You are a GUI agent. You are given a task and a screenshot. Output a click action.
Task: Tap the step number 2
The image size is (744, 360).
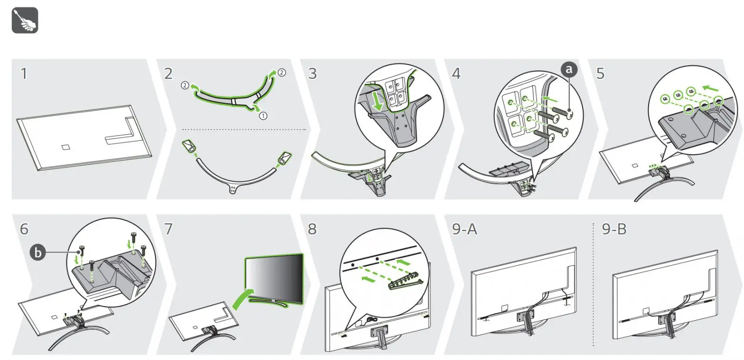pos(168,74)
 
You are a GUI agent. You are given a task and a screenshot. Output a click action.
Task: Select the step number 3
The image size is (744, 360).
pos(313,74)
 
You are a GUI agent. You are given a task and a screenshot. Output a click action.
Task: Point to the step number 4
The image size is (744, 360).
pos(456,74)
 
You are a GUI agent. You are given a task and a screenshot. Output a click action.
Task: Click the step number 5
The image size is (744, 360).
pos(600,74)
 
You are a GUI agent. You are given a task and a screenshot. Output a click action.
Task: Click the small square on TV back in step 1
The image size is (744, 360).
pos(65,147)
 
